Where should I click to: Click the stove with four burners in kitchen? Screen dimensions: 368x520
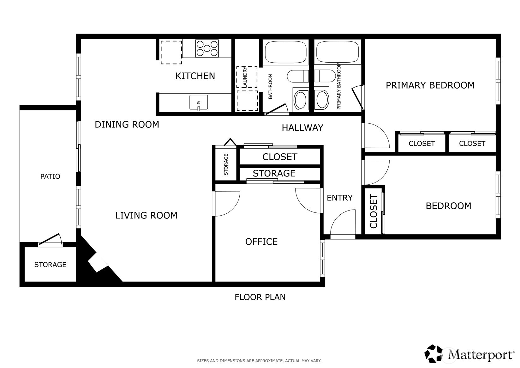coord(207,48)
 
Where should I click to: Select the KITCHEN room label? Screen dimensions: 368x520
coord(195,76)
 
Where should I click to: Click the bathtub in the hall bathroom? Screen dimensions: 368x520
coord(285,52)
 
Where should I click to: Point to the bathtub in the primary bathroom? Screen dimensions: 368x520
coord(338,52)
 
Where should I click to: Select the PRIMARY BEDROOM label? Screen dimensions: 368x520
coord(430,85)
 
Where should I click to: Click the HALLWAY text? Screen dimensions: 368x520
coord(302,128)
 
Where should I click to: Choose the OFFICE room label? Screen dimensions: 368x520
coord(261,242)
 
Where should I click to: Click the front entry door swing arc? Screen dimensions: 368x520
coord(343,223)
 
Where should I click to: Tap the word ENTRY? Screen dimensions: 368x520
coord(339,198)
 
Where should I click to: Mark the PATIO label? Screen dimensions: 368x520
coord(50,176)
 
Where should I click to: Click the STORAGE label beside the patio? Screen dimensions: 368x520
coord(50,265)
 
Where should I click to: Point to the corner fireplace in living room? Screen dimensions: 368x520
coord(98,262)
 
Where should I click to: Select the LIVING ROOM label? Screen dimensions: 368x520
coord(146,216)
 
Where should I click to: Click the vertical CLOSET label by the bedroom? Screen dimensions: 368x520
coord(374,212)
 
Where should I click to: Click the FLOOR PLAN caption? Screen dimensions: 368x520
coord(260,297)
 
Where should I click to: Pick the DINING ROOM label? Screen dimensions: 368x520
coord(127,125)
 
